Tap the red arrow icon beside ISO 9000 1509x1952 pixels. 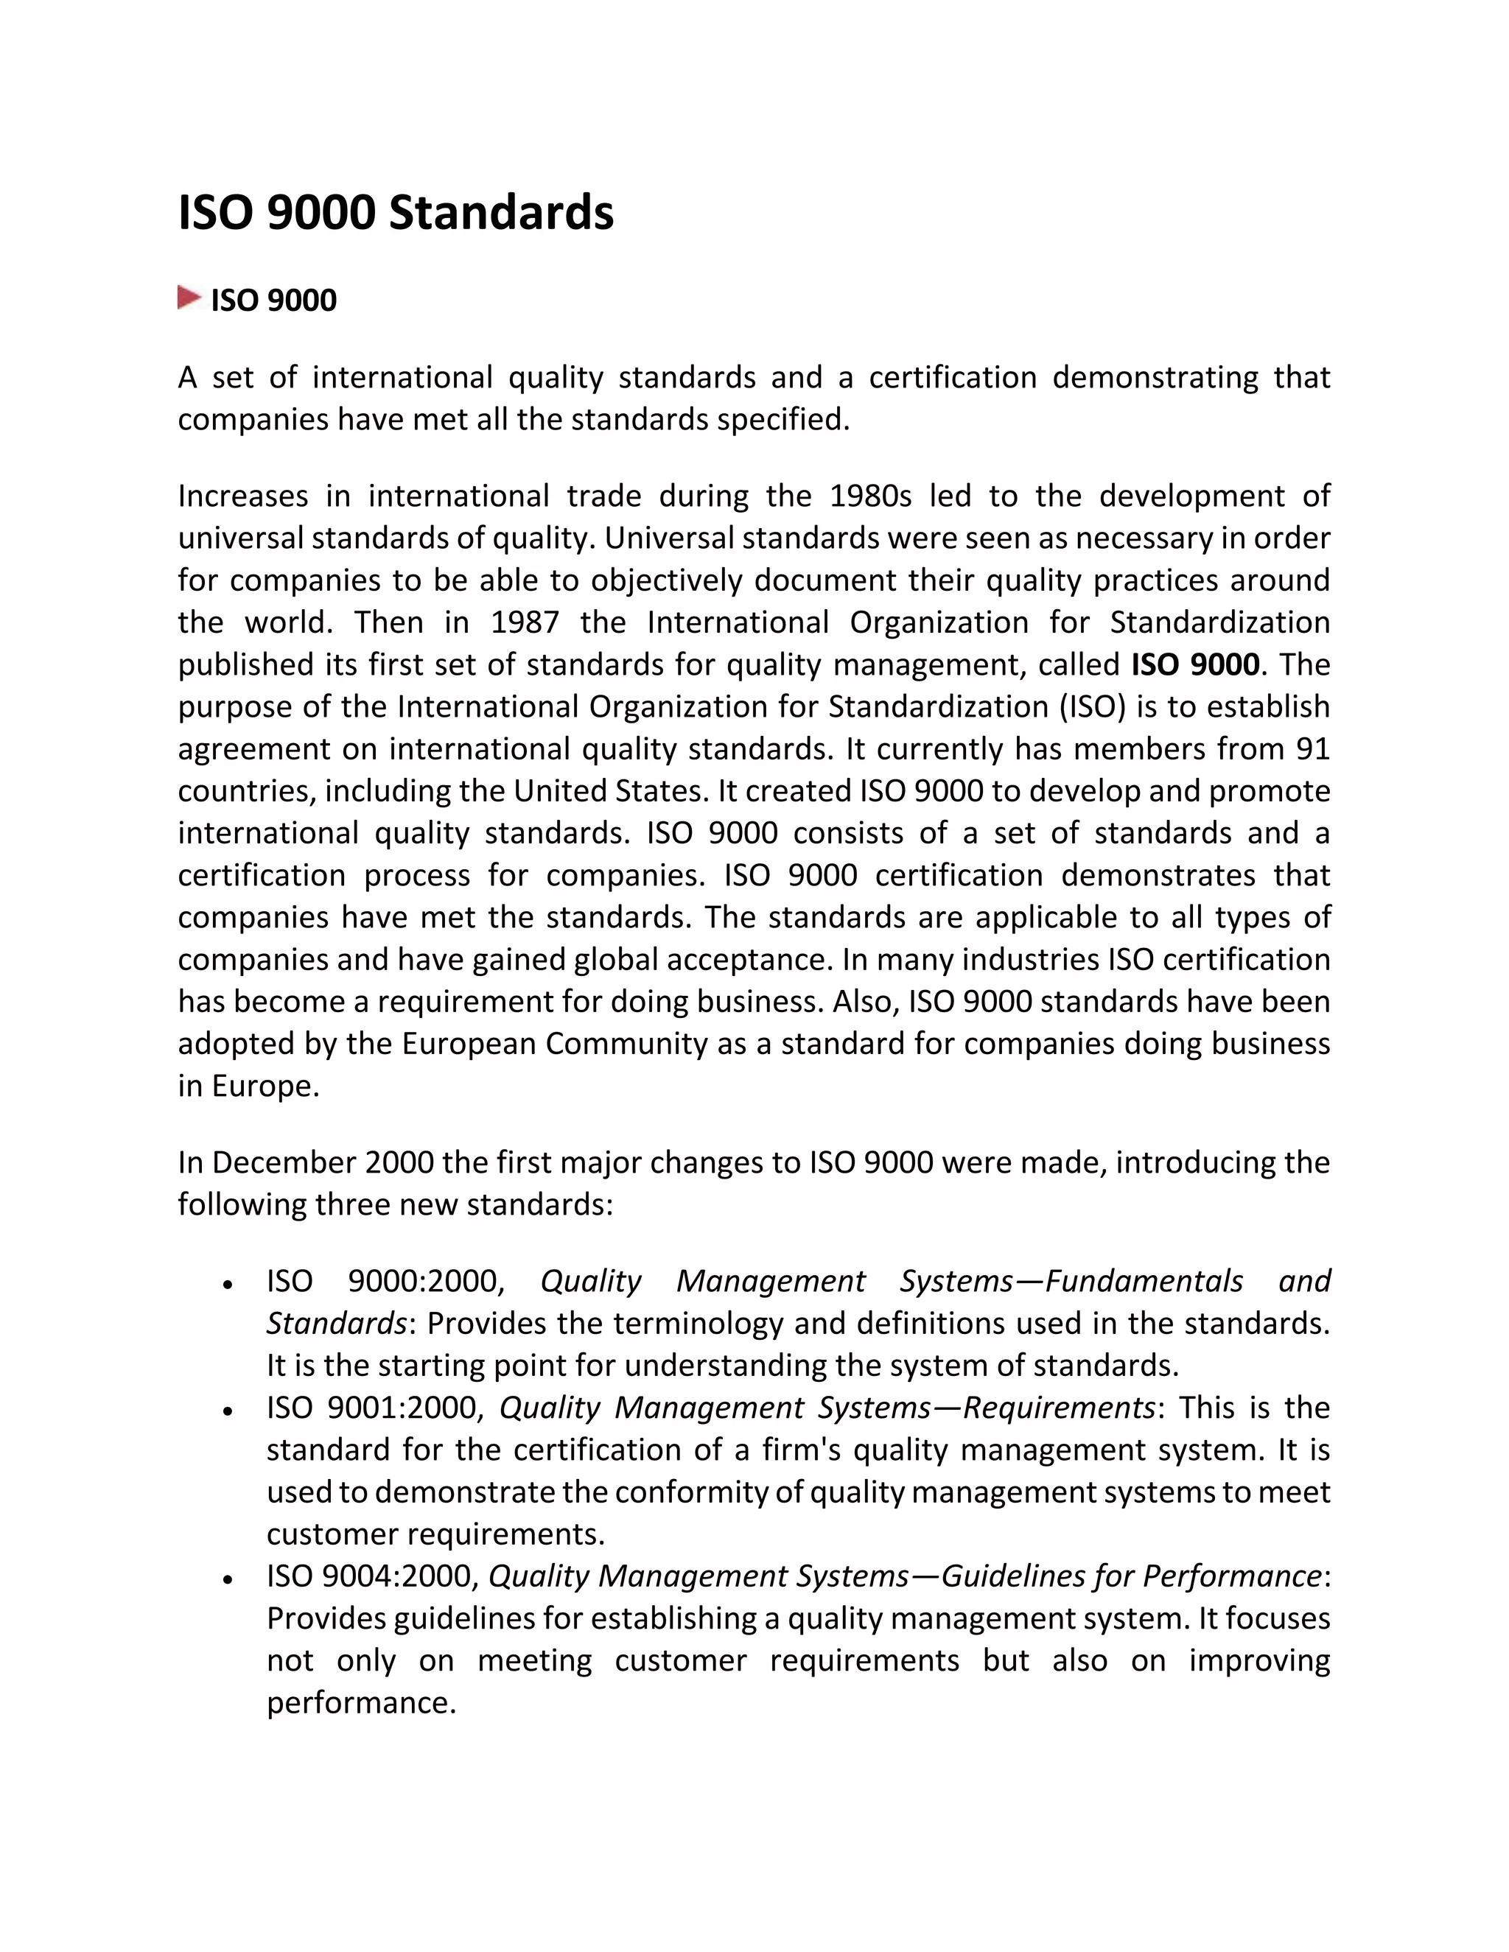[x=189, y=298]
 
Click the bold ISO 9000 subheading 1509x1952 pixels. [x=273, y=301]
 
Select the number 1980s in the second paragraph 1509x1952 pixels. [x=870, y=496]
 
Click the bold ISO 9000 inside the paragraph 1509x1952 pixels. [x=1195, y=665]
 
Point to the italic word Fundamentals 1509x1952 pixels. [x=1144, y=1282]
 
